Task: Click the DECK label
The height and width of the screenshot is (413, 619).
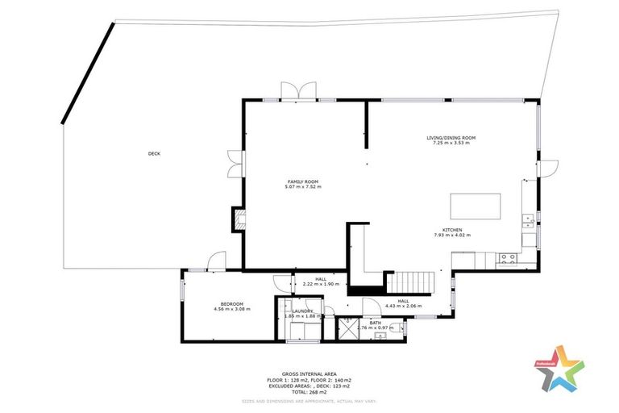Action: (153, 153)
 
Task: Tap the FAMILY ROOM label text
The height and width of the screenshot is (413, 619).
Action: (303, 181)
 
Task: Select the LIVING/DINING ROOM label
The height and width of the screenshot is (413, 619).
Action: (451, 138)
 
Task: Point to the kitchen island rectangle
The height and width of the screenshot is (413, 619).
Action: (475, 206)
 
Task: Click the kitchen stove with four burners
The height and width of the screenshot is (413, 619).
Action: (509, 259)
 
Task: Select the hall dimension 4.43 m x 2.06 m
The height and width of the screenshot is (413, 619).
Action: (404, 306)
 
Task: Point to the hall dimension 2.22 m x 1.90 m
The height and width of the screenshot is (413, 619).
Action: (309, 285)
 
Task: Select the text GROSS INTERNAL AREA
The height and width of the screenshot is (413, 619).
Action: (309, 373)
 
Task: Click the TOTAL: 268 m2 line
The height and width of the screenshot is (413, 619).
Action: (309, 392)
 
